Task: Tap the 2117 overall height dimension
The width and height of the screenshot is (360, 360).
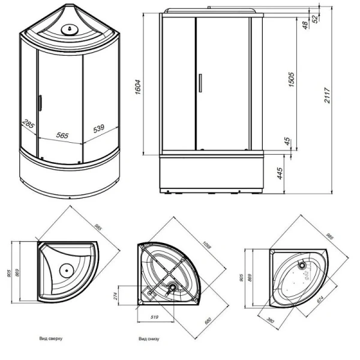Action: (x=328, y=93)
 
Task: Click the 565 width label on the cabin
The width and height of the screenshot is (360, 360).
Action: (x=62, y=136)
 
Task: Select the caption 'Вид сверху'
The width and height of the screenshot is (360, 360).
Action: (x=51, y=339)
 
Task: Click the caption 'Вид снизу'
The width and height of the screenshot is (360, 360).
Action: (x=149, y=339)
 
